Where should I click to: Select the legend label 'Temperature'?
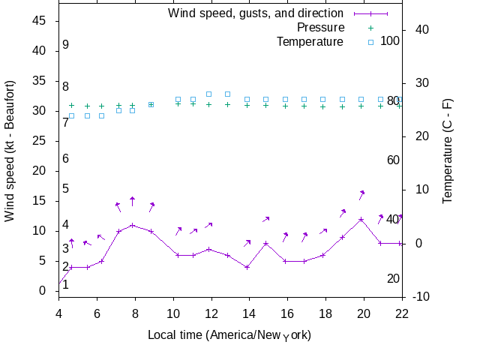point(310,42)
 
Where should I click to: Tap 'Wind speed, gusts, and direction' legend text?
point(256,13)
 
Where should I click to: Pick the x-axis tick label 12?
point(211,313)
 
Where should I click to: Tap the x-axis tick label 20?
point(364,313)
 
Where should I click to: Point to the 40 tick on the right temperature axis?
point(421,30)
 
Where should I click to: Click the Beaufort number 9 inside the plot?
point(66,45)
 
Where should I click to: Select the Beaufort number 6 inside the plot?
point(66,159)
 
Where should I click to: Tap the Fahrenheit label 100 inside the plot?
point(390,40)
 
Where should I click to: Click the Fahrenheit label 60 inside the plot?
point(393,160)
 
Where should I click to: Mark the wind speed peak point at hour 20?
point(361,219)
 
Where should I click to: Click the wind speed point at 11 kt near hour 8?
point(133,225)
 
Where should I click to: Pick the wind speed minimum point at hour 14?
point(247,267)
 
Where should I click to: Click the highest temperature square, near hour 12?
point(208,94)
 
